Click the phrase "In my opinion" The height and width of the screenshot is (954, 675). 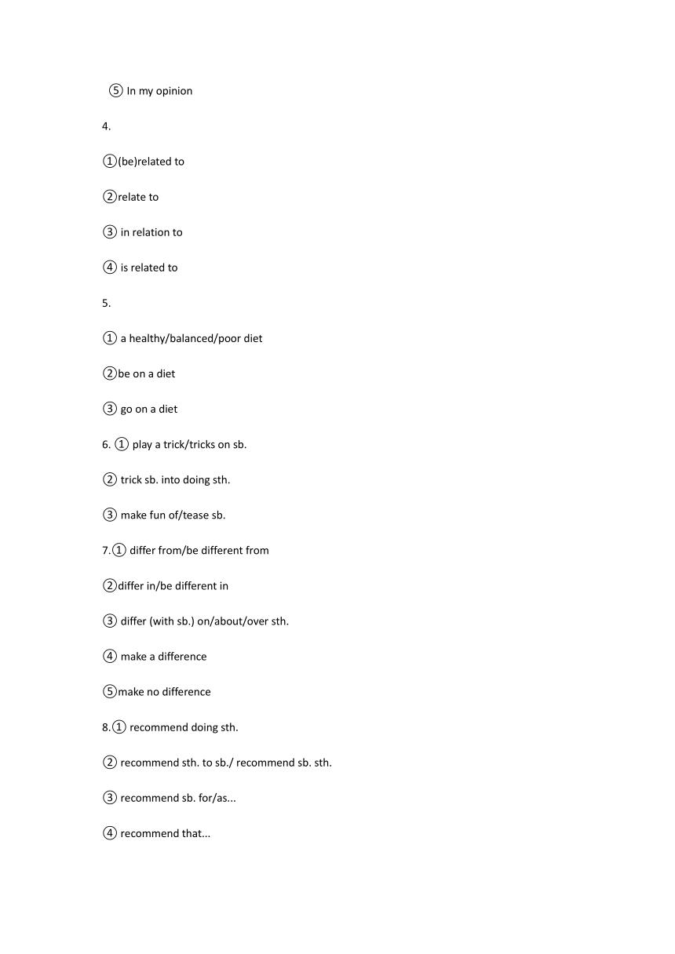click(159, 91)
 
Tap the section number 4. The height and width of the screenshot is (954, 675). click(106, 126)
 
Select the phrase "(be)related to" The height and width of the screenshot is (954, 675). click(151, 162)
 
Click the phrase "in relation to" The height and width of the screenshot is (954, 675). click(151, 232)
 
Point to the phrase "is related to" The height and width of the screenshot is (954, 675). click(149, 268)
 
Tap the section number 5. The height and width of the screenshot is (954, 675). click(106, 303)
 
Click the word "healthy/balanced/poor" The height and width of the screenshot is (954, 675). click(185, 338)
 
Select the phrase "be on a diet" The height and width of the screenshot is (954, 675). click(147, 373)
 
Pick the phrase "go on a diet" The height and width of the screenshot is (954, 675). click(149, 409)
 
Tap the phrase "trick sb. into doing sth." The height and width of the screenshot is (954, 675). click(175, 479)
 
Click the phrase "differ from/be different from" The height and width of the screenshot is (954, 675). click(199, 550)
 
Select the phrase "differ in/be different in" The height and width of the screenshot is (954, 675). click(173, 585)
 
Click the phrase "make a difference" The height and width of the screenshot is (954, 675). click(163, 656)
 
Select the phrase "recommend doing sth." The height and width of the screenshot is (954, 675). click(184, 726)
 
